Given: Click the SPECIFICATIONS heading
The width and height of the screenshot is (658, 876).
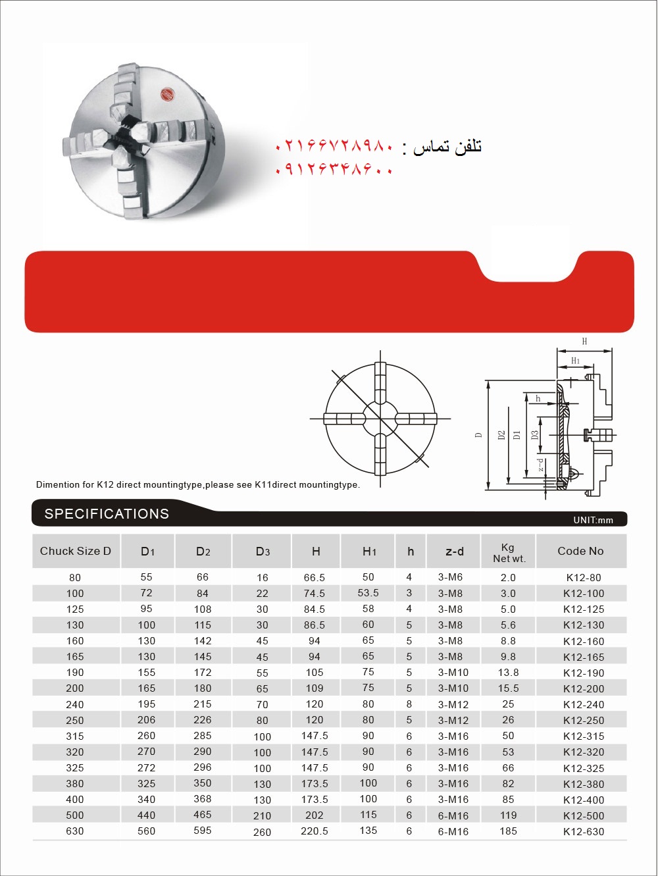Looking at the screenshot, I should [107, 514].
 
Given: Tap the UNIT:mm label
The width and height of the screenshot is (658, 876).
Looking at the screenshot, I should [593, 520].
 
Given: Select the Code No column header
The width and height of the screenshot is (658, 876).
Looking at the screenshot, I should [580, 552].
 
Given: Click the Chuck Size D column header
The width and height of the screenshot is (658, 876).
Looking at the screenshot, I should [76, 552].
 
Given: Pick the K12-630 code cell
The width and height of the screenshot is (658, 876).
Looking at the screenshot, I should [584, 831].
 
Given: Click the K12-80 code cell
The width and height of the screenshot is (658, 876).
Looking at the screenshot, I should [584, 577].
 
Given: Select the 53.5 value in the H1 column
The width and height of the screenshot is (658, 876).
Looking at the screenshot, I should [368, 593].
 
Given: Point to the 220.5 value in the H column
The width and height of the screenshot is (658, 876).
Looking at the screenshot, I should [315, 831].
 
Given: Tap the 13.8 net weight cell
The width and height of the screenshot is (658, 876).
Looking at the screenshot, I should [508, 673].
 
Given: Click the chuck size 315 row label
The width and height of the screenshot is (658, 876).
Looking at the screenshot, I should [75, 736].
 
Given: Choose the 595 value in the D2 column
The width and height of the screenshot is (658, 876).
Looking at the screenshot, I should [203, 831].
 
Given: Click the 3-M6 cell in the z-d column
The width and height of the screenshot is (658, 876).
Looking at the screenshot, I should [451, 577].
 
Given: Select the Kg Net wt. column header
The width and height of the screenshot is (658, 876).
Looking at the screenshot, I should [509, 553].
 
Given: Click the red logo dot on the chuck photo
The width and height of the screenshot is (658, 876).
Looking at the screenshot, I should [166, 95].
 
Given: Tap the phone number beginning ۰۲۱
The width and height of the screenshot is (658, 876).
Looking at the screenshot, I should [335, 146].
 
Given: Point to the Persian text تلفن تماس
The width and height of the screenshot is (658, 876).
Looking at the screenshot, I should [448, 147].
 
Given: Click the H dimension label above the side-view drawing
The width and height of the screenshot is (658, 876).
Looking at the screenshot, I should [584, 342].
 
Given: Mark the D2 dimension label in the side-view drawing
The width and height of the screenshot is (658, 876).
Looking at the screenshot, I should [501, 435].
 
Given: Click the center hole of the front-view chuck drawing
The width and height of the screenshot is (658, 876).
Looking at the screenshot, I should [380, 419].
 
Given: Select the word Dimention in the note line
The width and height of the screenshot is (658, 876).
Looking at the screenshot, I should [58, 485].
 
